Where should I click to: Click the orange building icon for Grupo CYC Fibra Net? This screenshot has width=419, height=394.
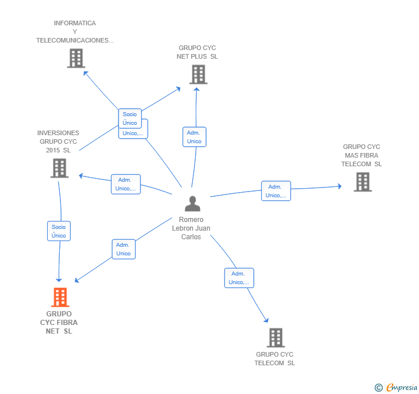60,297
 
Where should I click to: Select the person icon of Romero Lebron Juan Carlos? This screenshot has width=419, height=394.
192,204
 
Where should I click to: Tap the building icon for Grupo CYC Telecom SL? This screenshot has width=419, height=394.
276,338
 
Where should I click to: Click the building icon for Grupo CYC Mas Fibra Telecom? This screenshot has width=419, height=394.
362,182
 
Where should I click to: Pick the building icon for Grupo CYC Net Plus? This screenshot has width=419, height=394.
198,75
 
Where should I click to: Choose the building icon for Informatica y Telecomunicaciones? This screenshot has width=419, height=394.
76,58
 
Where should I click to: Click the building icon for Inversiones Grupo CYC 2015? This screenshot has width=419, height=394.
59,168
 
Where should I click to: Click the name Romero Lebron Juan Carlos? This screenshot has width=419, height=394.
191,228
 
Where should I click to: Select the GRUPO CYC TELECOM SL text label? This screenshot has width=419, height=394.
275,359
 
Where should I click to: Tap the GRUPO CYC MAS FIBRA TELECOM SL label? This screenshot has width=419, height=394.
362,155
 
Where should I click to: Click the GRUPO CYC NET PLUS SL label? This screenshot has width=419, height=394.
197,52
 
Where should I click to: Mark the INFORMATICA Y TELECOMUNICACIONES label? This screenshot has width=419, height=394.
75,32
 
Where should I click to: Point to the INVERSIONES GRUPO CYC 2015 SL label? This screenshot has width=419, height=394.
58,141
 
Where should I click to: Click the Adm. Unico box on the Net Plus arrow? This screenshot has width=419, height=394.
194,137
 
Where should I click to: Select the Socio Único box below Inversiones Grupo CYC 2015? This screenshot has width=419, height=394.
59,231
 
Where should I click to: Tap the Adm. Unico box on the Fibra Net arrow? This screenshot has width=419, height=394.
123,249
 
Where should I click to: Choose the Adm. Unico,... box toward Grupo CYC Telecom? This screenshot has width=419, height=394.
238,278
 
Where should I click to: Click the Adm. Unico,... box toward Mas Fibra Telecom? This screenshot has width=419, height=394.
276,191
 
